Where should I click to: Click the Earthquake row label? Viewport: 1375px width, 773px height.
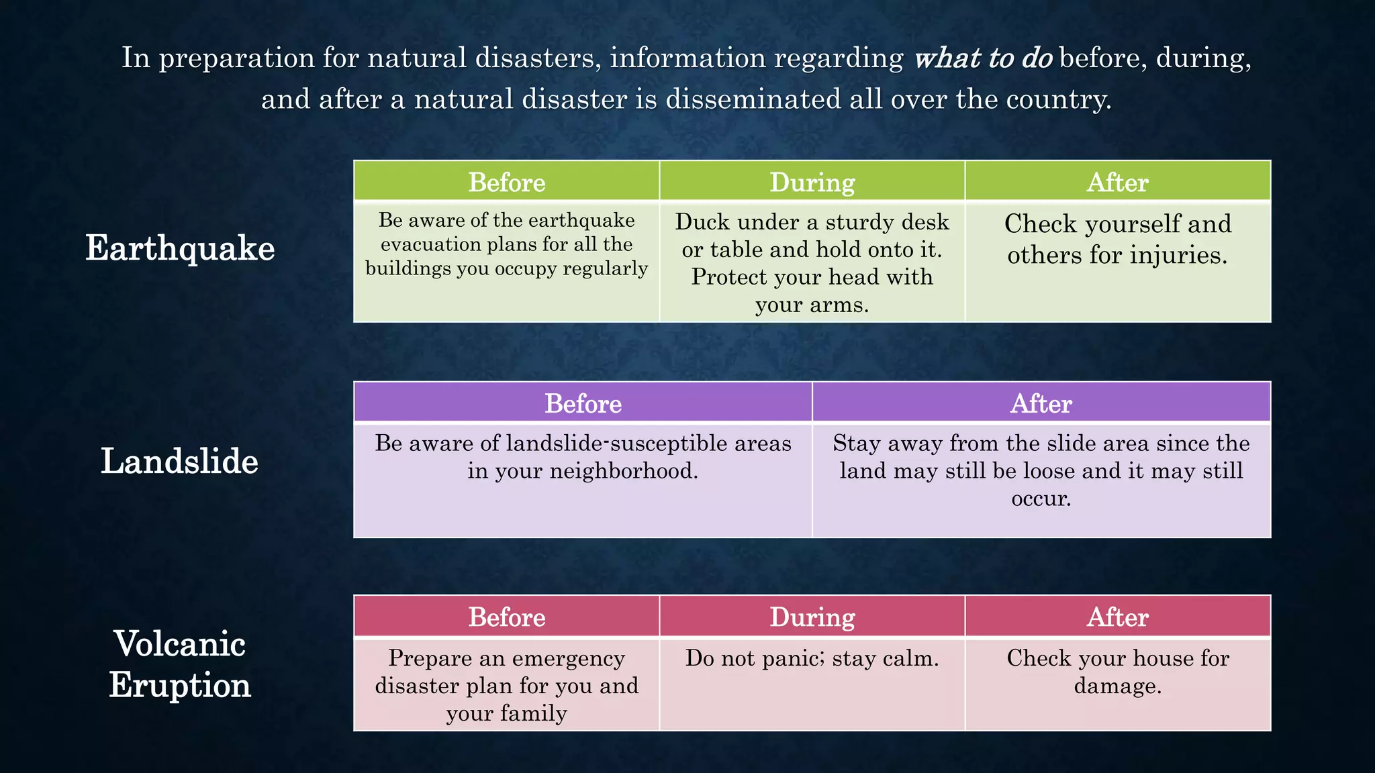(180, 248)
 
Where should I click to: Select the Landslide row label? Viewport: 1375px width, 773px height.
(179, 462)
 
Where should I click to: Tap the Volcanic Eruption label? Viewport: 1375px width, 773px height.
(180, 664)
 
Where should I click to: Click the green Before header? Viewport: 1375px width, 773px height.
(506, 182)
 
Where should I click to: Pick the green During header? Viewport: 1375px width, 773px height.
(812, 182)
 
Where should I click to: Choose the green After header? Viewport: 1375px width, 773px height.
(1117, 182)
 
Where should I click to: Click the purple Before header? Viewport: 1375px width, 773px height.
(583, 403)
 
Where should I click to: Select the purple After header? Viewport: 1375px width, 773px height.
(1041, 403)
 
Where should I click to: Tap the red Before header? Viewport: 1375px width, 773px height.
(506, 617)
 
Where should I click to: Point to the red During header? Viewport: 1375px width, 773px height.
(812, 617)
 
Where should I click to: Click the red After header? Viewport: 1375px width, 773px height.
(1117, 617)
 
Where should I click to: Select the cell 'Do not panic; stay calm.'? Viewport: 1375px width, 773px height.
(812, 658)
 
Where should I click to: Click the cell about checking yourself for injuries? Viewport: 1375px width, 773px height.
(1117, 240)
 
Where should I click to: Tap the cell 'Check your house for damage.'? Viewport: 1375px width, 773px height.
(1117, 672)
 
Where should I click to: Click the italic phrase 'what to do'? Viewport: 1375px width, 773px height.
(983, 58)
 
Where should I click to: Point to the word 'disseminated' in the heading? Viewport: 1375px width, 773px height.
(753, 99)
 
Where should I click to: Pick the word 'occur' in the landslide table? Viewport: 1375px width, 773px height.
(1038, 499)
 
